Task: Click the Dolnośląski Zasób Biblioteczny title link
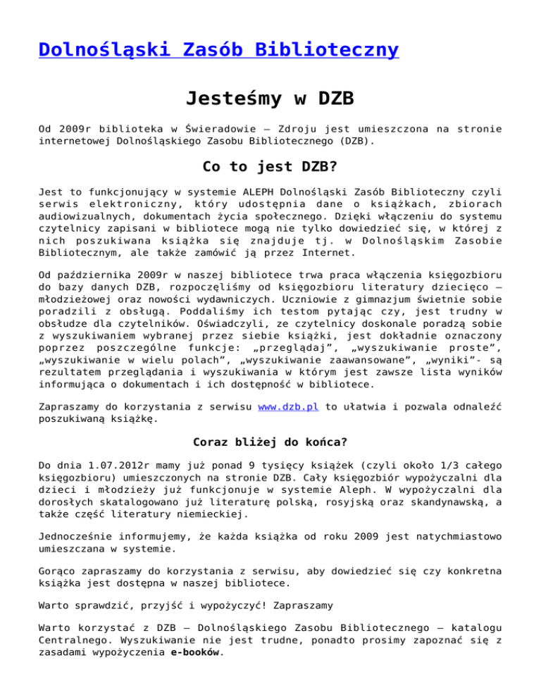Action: point(218,51)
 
